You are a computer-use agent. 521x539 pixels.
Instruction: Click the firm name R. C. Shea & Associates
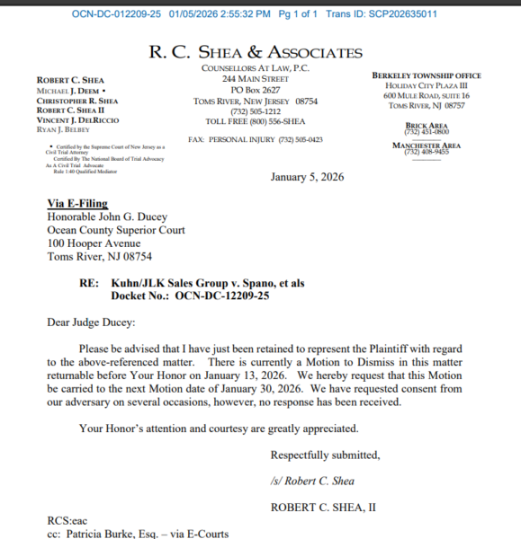coord(256,52)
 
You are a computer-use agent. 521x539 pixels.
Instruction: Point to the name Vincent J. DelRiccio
coord(78,120)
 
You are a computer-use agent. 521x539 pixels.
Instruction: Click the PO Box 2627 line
coord(255,91)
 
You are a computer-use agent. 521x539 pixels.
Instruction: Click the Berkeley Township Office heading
coord(426,75)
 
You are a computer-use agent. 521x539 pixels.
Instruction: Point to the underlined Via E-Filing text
coord(77,204)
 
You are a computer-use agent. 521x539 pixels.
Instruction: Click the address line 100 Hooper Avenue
coord(94,243)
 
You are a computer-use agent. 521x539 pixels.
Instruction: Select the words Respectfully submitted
coord(325,454)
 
